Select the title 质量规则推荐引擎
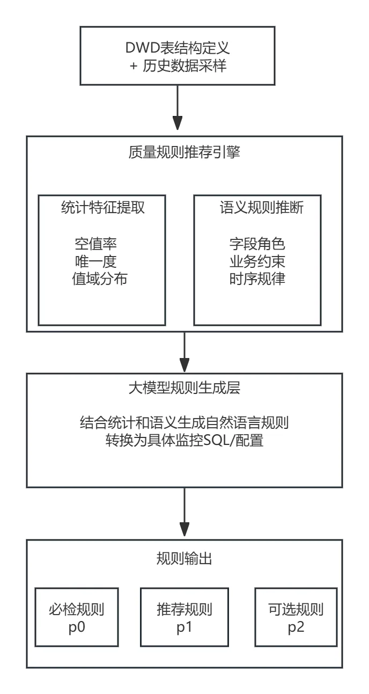[x=184, y=152]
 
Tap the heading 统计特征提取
[x=102, y=207]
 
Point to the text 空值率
[x=96, y=244]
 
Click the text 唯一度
[x=96, y=261]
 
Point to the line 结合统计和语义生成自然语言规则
[x=184, y=423]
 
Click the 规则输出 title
[x=184, y=559]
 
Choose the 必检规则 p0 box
[x=76, y=617]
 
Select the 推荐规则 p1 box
[x=184, y=617]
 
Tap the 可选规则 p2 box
[x=296, y=617]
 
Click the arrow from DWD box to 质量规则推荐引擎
[x=177, y=110]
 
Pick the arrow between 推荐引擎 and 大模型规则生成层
[x=184, y=352]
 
